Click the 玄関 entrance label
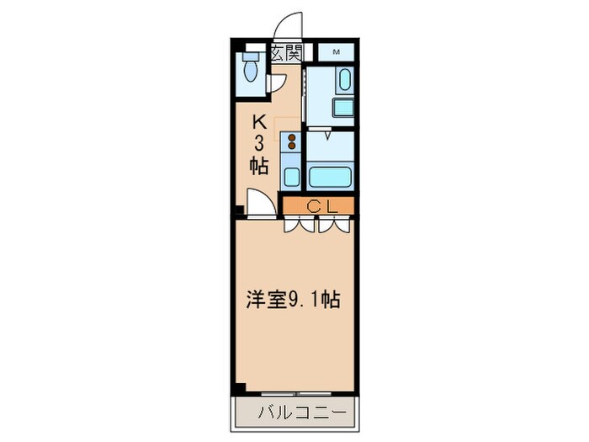286,53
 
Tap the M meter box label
337,52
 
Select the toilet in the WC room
251,70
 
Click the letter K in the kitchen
260,120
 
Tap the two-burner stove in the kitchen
291,141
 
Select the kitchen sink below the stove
291,176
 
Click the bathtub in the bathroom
329,177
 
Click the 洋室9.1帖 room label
293,299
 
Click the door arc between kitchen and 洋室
260,203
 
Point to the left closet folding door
300,225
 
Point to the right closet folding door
335,225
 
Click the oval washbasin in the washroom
343,82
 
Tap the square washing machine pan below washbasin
343,107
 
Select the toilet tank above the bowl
250,57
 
